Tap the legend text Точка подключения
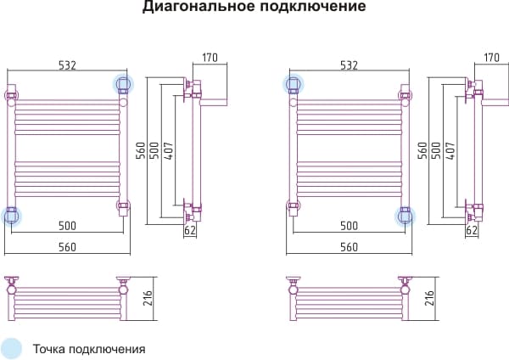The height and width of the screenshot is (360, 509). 89,349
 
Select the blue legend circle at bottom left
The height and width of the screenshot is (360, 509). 11,349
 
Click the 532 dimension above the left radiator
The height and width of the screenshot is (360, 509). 67,65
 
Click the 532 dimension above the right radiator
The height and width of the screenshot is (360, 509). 349,65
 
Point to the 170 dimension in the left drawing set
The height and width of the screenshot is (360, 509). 210,58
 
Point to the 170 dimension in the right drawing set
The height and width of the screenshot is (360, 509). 491,58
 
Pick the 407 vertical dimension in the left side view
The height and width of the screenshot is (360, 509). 169,151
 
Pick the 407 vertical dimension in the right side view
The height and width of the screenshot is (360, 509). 450,151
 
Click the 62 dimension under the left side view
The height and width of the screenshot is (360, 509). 190,230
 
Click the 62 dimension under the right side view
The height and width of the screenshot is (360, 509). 472,230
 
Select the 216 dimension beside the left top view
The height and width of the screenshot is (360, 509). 148,298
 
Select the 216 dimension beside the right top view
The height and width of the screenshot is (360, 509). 430,298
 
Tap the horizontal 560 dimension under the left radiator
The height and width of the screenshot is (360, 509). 67,247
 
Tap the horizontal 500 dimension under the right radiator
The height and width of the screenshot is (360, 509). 349,226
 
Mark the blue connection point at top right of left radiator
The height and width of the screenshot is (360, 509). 123,84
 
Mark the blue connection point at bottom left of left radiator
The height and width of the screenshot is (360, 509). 11,216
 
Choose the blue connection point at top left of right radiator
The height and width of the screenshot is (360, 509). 294,84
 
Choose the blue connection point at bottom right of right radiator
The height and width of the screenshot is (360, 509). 405,216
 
